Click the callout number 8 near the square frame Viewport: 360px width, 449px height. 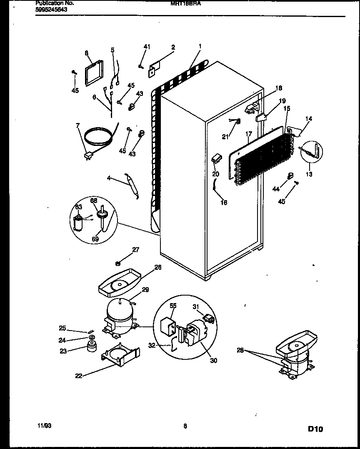[87, 53]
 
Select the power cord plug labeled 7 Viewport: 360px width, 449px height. [88, 156]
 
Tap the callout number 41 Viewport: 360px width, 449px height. [147, 46]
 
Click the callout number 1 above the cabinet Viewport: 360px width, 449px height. [200, 46]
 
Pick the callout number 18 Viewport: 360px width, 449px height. [279, 88]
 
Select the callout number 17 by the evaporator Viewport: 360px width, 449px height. [249, 134]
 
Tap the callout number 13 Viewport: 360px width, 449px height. [309, 174]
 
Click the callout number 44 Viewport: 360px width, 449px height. [276, 190]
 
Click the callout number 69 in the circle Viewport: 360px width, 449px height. [95, 239]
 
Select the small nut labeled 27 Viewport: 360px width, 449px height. [118, 263]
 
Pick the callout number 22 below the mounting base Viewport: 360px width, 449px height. [79, 376]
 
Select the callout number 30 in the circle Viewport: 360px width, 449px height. [213, 361]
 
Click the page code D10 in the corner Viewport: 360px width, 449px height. [315, 429]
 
